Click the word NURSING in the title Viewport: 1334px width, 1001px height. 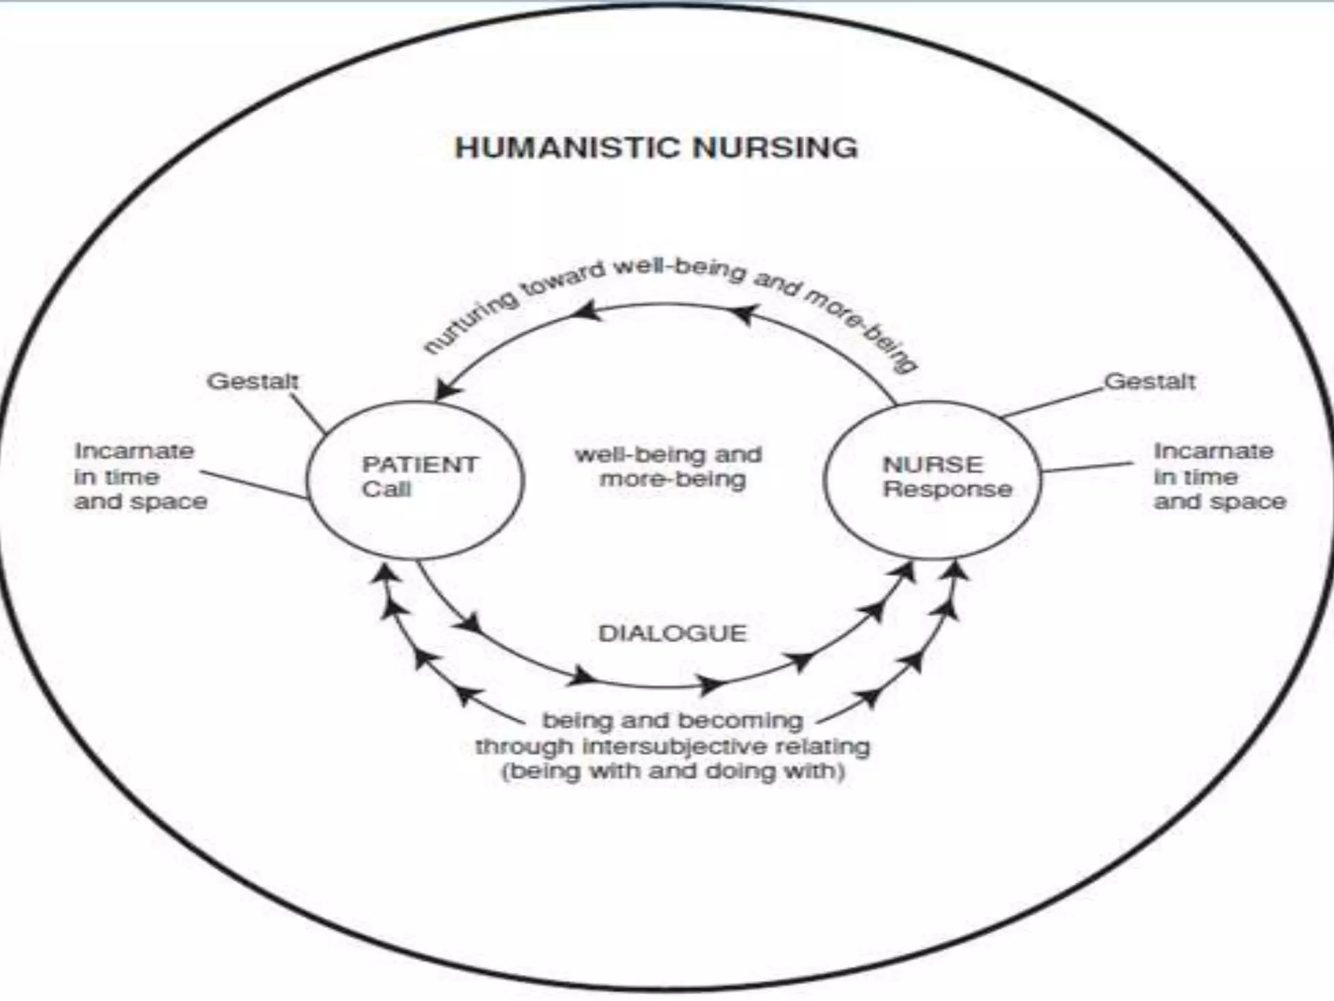tap(775, 148)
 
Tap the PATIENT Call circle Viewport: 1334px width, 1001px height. tap(415, 480)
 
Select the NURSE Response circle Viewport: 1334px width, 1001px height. tap(932, 480)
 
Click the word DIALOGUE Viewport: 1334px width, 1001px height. tap(672, 633)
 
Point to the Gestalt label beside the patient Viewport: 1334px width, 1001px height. tap(253, 381)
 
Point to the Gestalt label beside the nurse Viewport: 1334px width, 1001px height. tap(1150, 381)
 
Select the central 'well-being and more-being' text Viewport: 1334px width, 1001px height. tap(669, 467)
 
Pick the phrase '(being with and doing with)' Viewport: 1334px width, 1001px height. tap(673, 772)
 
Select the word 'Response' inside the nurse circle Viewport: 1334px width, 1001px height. tap(947, 489)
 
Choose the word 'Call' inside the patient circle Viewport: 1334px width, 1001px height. tap(386, 489)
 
